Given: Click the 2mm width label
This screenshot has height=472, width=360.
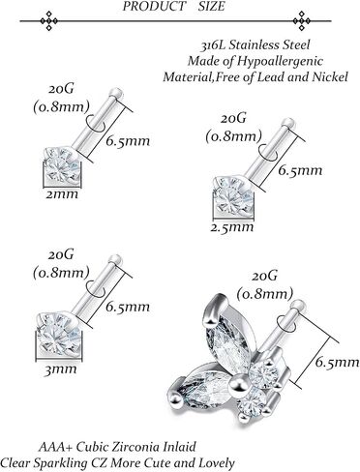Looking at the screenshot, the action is point(62,194).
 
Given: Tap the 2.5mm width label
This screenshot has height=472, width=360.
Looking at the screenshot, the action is point(232,227).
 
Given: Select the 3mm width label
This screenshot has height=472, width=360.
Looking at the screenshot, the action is point(60,369).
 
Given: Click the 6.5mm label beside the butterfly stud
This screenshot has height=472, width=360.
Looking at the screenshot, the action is point(337,363).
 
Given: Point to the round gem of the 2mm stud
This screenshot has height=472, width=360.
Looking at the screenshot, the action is point(62,165).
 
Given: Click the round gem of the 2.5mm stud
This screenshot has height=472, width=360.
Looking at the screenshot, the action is point(233,195).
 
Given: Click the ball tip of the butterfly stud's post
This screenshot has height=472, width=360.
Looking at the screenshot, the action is point(297,305).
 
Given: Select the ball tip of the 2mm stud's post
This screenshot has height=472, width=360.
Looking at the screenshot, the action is point(116,94).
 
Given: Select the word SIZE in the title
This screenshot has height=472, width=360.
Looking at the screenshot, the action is point(211,6).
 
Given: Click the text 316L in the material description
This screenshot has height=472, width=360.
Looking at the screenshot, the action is point(212,45).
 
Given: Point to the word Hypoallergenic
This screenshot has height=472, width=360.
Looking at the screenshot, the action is point(280,61).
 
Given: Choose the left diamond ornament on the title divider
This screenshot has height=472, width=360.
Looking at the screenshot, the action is point(48,21).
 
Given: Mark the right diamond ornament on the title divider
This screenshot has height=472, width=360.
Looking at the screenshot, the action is point(302,21).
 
